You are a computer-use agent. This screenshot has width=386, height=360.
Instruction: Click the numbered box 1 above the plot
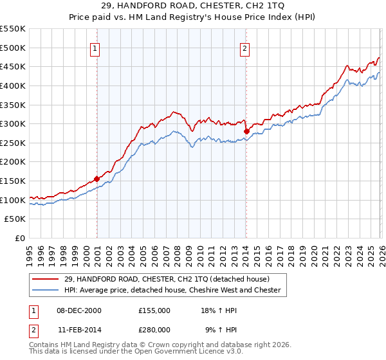click(95, 48)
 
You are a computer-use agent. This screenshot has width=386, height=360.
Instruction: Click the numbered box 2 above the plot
click(245, 48)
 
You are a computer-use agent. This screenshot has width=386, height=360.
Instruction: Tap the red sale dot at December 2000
click(97, 179)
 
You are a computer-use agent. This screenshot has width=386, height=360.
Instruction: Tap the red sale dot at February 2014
click(246, 131)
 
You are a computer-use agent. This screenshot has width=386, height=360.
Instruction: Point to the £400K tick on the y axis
click(14, 85)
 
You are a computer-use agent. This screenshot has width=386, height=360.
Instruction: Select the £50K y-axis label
click(16, 219)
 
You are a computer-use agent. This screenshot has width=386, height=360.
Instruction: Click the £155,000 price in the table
click(154, 310)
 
